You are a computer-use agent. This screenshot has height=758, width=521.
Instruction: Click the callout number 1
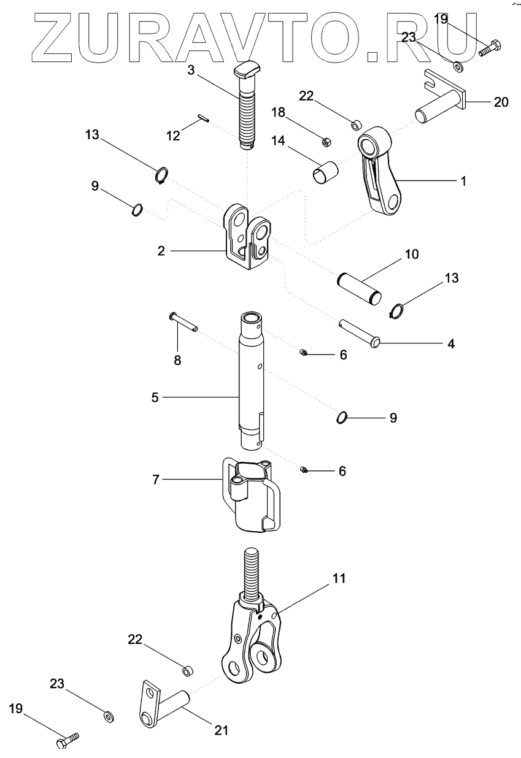point(463,181)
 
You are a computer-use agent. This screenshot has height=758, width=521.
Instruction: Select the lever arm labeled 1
point(380,178)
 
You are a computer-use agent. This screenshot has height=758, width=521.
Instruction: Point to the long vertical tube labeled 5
point(252,380)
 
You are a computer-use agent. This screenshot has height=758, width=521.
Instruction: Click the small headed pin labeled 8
point(182,322)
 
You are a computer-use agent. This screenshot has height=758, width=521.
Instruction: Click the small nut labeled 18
point(327,142)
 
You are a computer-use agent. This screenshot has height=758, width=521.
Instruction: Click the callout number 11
point(339,578)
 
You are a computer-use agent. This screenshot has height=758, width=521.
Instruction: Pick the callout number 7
point(156,480)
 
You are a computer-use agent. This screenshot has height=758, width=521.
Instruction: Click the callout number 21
point(221,730)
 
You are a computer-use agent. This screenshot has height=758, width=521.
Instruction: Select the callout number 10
point(411,254)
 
